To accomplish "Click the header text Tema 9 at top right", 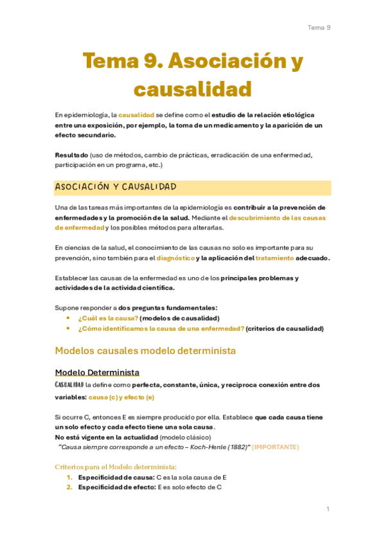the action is point(319,28).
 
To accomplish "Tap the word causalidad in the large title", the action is point(192,88).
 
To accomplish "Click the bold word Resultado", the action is point(71,156).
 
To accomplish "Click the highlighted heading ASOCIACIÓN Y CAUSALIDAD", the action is point(116,187).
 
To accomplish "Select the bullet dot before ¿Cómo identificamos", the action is point(68,328).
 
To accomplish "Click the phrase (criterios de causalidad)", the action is point(284,328).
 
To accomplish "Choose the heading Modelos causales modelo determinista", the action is point(145,351).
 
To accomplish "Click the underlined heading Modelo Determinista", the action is point(97,373).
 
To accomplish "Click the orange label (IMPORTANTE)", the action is point(275,447).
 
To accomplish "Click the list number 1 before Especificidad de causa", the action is point(69,478).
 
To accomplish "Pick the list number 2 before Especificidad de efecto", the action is point(69,487).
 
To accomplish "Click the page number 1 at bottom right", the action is point(328,509).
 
